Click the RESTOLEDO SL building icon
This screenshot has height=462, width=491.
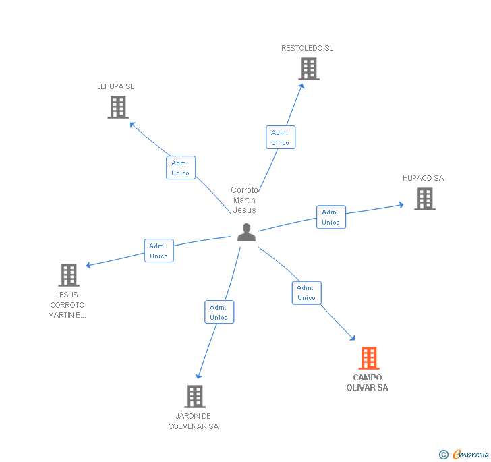pos(308,69)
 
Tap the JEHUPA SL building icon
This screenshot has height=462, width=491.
pos(117,107)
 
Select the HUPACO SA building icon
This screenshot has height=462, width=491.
pos(424,199)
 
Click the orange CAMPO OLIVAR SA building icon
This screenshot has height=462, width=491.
pos(368,358)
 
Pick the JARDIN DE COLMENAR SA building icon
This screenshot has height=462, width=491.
pos(194,397)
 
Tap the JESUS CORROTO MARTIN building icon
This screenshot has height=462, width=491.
pos(69,275)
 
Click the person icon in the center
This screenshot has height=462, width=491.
pos(246,233)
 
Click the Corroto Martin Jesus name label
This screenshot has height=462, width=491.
pos(244,200)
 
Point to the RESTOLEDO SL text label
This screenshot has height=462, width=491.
pos(308,48)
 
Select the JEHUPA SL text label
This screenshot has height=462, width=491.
pos(116,86)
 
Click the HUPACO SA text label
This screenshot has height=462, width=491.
pos(424,178)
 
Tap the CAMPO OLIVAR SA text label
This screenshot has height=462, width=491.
pos(367,382)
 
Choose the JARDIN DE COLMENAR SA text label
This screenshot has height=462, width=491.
pos(194,421)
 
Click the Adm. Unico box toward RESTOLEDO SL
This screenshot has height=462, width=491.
pos(280,138)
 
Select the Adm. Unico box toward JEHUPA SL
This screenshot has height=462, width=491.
pos(181,168)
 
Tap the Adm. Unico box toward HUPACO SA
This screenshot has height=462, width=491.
pos(330,217)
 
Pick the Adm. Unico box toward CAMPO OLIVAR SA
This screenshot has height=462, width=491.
pos(306,293)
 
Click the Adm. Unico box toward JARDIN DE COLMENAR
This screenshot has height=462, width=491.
pos(219,312)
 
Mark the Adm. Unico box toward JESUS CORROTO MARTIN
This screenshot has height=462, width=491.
pos(158,251)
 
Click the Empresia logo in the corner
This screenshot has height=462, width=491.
pos(465,454)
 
